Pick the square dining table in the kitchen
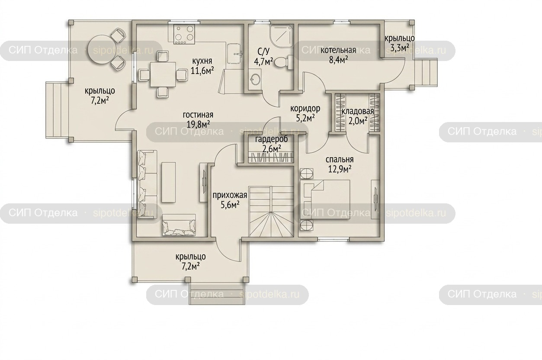[163, 74]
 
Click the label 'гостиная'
[198, 115]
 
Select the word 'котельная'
[338, 50]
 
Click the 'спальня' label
[340, 160]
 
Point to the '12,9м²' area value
[340, 169]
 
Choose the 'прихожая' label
[230, 195]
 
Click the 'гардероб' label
[272, 139]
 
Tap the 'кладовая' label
[358, 111]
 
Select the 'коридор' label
[305, 109]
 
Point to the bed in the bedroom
[325, 199]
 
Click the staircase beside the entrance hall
[271, 212]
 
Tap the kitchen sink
[234, 54]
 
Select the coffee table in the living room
[169, 182]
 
